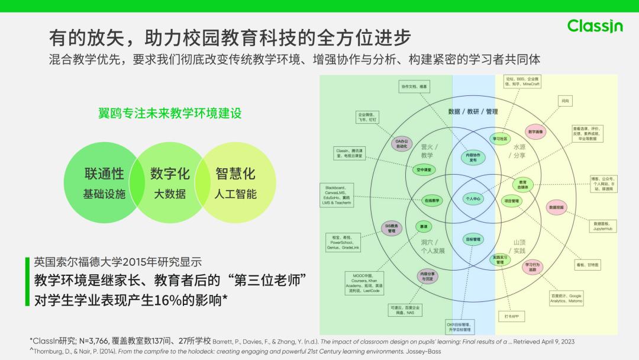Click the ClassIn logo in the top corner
click(x=595, y=26)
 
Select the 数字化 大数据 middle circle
click(x=170, y=182)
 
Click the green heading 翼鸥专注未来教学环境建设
click(x=170, y=113)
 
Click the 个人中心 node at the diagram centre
click(x=473, y=199)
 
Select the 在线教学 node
click(x=433, y=201)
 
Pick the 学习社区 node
click(x=500, y=139)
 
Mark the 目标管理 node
click(x=473, y=239)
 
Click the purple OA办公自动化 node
click(x=402, y=143)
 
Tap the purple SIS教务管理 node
click(x=392, y=229)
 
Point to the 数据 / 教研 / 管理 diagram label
click(x=473, y=111)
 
